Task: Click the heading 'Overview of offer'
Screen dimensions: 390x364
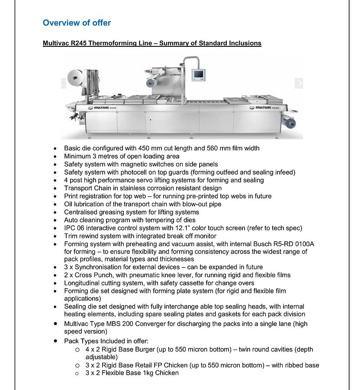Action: click(x=77, y=23)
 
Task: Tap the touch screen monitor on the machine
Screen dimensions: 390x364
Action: click(x=198, y=74)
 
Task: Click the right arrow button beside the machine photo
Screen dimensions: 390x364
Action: click(x=299, y=83)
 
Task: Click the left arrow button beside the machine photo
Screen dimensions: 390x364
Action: click(x=63, y=83)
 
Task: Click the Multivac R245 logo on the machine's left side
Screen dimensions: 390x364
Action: click(x=102, y=108)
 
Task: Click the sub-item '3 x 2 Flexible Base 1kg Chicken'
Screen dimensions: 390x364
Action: click(x=132, y=373)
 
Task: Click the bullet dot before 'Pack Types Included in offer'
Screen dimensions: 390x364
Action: click(x=55, y=341)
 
